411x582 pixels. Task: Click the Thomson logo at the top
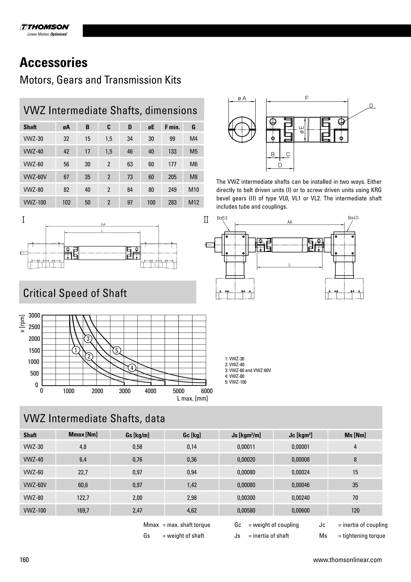pyautogui.click(x=45, y=30)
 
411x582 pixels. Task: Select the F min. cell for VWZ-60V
pyautogui.click(x=172, y=177)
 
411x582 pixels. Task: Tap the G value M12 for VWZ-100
pyautogui.click(x=194, y=202)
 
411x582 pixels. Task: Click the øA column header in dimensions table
pyautogui.click(x=66, y=127)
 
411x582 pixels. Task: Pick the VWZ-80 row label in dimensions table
pyautogui.click(x=33, y=190)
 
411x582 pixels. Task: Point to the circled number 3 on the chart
pyautogui.click(x=88, y=339)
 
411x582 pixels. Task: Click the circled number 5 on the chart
pyautogui.click(x=117, y=350)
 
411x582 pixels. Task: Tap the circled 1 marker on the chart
pyautogui.click(x=76, y=350)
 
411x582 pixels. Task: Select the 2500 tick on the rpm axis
pyautogui.click(x=35, y=327)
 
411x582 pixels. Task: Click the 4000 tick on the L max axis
pyautogui.click(x=151, y=391)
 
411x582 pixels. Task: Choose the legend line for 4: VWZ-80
pyautogui.click(x=235, y=376)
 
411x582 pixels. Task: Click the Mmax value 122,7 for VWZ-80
pyautogui.click(x=83, y=498)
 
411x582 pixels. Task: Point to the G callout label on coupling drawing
pyautogui.click(x=371, y=106)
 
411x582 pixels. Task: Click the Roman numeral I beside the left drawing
pyautogui.click(x=23, y=219)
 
